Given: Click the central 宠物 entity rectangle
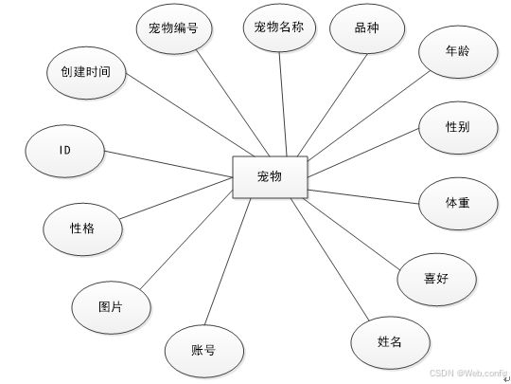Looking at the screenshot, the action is pyautogui.click(x=270, y=177).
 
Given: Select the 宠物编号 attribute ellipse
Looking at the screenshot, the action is pyautogui.click(x=174, y=28).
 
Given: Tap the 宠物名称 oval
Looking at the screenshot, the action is pyautogui.click(x=279, y=27).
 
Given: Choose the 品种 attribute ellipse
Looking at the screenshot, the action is pyautogui.click(x=367, y=28).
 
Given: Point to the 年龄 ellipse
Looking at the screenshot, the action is pyautogui.click(x=458, y=51).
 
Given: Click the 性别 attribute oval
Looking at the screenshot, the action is pyautogui.click(x=458, y=127).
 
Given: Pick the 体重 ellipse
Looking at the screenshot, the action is pyautogui.click(x=458, y=204).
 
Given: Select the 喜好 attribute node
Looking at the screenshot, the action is pyautogui.click(x=436, y=279).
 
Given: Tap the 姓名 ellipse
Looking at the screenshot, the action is pyautogui.click(x=390, y=342).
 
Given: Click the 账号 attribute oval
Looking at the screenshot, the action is pyautogui.click(x=204, y=351).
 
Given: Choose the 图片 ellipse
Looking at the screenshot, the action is pyautogui.click(x=111, y=307).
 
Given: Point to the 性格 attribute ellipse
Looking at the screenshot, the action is pyautogui.click(x=82, y=229).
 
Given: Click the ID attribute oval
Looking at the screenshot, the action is pyautogui.click(x=65, y=151).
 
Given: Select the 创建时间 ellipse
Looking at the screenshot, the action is pyautogui.click(x=86, y=72).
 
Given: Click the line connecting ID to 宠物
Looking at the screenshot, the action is pyautogui.click(x=168, y=164).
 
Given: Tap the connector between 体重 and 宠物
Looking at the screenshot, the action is pyautogui.click(x=363, y=196).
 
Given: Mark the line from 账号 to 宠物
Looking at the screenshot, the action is pyautogui.click(x=228, y=262).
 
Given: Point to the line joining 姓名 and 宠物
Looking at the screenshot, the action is pyautogui.click(x=330, y=259).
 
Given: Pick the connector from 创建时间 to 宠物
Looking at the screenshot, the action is pyautogui.click(x=190, y=116).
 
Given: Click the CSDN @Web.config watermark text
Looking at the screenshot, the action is pyautogui.click(x=468, y=373).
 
